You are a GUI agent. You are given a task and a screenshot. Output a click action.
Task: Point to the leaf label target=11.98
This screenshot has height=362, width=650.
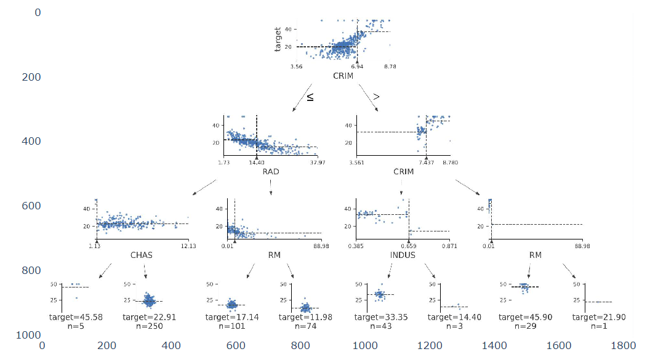tap(300, 317)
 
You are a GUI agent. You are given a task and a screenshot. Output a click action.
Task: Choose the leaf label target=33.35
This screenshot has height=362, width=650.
tap(375, 317)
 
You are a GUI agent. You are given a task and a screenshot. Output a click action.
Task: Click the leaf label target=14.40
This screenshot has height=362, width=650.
tap(449, 317)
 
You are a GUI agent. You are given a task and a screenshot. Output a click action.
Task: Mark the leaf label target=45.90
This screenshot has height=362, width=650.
tap(520, 317)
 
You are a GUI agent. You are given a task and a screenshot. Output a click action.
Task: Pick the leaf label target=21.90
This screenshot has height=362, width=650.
tap(593, 317)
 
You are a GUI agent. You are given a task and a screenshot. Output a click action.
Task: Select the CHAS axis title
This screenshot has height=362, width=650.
tap(142, 255)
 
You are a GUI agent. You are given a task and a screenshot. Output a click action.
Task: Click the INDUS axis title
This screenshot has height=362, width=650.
tap(403, 255)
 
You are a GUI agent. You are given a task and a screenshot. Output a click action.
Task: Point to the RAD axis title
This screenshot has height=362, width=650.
tap(271, 172)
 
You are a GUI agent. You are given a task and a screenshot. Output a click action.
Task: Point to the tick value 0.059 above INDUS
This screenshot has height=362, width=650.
tap(408, 246)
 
